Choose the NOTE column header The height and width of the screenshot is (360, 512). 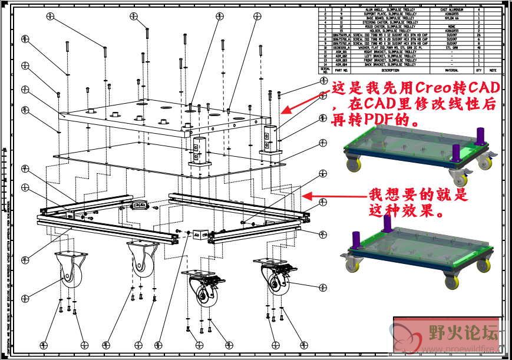tap(493, 70)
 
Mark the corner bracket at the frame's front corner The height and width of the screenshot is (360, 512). tap(198, 235)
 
